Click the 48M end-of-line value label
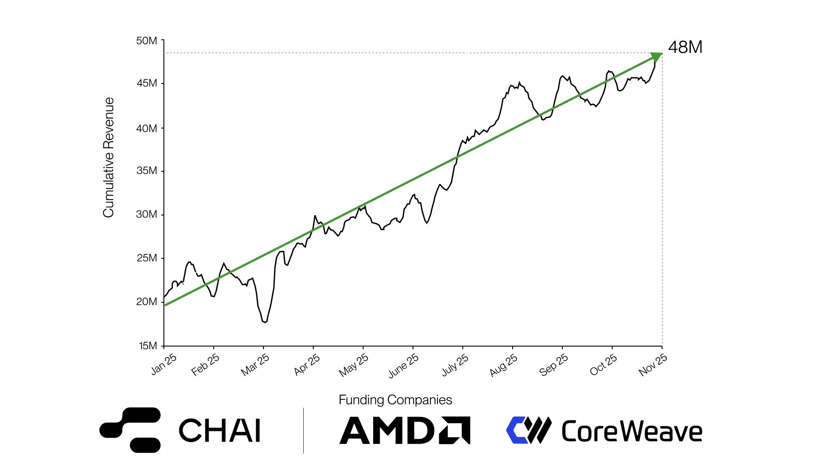click(685, 47)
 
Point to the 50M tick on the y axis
click(147, 41)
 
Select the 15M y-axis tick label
click(148, 346)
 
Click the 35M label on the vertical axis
click(147, 170)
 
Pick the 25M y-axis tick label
click(147, 258)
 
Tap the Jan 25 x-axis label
click(164, 364)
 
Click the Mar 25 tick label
click(255, 365)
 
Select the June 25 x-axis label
click(403, 365)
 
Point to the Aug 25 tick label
click(503, 365)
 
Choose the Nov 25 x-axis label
click(653, 365)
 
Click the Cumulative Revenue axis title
click(108, 157)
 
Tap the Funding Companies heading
click(395, 400)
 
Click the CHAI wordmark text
click(219, 430)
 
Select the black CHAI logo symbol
click(130, 430)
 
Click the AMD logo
click(405, 430)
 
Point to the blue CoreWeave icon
click(528, 430)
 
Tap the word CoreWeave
click(631, 431)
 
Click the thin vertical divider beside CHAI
click(303, 430)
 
